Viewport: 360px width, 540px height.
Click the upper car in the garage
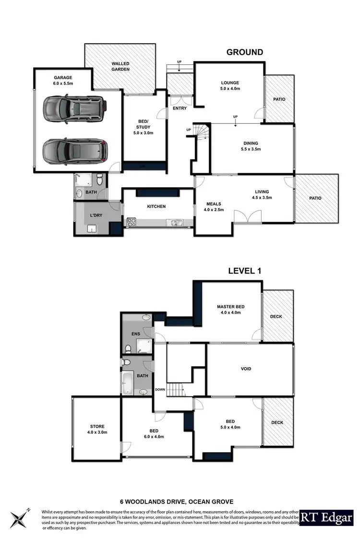click(x=74, y=109)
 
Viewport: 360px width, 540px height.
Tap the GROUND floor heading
click(x=244, y=52)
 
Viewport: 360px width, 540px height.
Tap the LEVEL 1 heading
click(x=244, y=271)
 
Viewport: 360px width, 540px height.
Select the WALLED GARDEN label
click(x=120, y=66)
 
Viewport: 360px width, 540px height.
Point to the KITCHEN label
click(x=156, y=206)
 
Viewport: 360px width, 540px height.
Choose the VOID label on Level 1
click(x=246, y=369)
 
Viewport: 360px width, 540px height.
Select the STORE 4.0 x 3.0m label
click(x=97, y=429)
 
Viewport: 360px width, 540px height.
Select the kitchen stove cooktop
click(x=132, y=223)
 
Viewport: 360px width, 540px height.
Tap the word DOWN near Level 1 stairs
click(x=160, y=389)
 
